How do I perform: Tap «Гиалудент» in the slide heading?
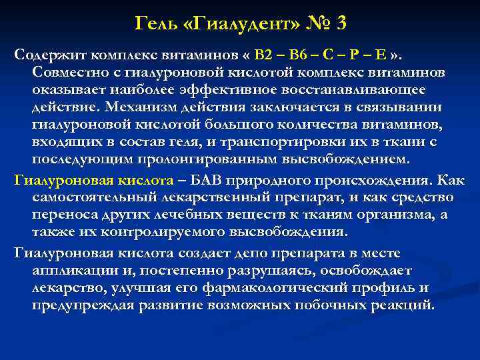tap(231, 25)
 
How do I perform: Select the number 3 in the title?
tap(341, 25)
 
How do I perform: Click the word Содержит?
tap(50, 54)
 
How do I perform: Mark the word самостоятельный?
tap(97, 198)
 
